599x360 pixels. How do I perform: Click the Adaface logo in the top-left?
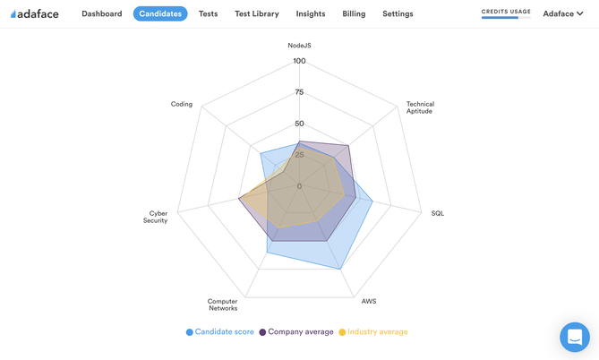coord(34,13)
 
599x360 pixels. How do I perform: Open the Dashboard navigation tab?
coord(101,13)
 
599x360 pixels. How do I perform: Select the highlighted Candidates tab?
coord(160,13)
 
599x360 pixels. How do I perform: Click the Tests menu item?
coord(208,13)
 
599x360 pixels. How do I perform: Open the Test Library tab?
coord(257,13)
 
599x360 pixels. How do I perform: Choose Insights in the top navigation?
coord(311,13)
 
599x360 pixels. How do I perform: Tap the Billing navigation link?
coord(354,13)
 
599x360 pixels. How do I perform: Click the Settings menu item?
coord(398,13)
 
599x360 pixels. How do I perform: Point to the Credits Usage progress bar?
coord(506,17)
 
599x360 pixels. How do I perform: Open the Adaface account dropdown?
coord(563,13)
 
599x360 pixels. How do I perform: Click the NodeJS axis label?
coord(300,45)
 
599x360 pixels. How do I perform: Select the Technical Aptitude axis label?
coord(420,107)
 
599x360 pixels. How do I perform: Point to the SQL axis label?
coord(438,213)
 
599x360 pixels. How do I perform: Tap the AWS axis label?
coord(369,301)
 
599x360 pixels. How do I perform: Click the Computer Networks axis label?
coord(223,304)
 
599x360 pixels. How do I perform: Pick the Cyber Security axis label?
coord(157,217)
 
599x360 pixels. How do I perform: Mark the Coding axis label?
coord(182,104)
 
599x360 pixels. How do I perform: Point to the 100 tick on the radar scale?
coord(299,61)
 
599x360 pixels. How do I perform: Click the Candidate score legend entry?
coord(220,332)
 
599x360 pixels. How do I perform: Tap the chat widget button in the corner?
coord(574,337)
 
